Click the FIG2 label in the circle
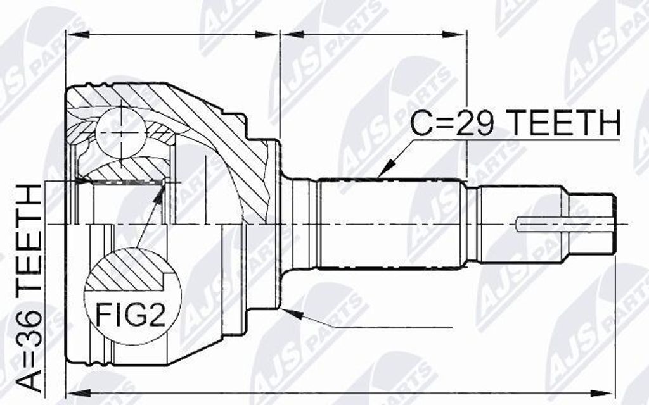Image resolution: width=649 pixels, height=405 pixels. (x=131, y=315)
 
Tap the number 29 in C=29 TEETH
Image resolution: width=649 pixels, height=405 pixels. (x=477, y=122)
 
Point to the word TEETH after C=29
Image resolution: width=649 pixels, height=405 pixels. (x=565, y=122)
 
